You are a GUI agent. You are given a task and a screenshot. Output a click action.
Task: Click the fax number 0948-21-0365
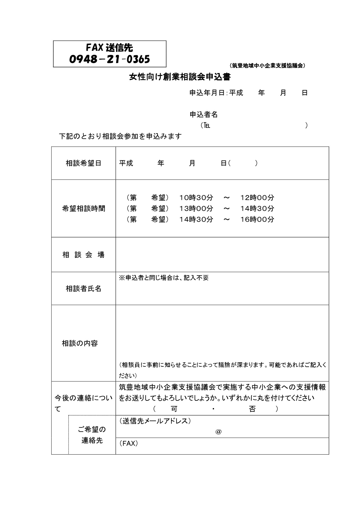109,59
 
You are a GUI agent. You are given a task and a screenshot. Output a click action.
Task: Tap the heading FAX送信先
109,47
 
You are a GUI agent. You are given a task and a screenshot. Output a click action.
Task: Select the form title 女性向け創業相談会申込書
180,77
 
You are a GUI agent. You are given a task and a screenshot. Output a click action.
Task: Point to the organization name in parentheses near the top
267,66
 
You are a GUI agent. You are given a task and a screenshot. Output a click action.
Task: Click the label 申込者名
203,115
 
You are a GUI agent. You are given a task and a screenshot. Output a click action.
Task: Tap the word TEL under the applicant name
207,125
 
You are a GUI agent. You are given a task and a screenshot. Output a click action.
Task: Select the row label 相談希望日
83,164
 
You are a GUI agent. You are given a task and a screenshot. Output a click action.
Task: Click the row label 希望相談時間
83,209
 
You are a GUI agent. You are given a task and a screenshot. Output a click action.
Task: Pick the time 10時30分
196,198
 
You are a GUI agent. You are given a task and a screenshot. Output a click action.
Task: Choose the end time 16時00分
257,219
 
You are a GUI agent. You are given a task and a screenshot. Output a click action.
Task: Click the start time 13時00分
196,209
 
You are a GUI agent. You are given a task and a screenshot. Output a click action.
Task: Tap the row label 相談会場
83,255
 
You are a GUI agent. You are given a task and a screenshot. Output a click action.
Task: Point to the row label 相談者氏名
83,289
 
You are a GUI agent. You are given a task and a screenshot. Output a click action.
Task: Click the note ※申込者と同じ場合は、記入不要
164,278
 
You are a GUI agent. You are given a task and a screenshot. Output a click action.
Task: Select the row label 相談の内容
80,343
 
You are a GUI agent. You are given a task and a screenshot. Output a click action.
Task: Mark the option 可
174,409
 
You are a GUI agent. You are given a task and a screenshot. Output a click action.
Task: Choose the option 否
252,409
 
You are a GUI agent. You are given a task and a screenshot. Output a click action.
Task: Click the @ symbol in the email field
219,432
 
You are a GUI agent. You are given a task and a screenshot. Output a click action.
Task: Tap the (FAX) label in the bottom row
128,443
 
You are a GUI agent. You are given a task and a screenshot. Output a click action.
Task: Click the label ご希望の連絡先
92,435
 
